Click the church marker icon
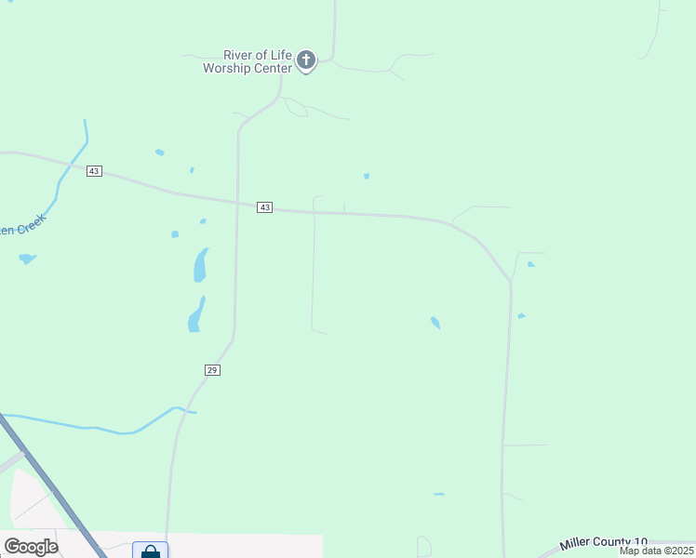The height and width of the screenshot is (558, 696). click(306, 61)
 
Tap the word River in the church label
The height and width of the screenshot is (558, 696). click(239, 56)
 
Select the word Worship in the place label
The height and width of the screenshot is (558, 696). click(229, 69)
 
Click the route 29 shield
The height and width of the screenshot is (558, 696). click(212, 370)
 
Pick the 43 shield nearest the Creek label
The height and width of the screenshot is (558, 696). click(94, 171)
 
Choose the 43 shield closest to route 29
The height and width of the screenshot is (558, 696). click(265, 207)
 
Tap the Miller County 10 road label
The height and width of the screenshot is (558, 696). click(603, 542)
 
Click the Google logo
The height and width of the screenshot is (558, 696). click(31, 547)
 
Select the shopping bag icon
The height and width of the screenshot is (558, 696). click(150, 551)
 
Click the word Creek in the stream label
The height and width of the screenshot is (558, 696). click(26, 226)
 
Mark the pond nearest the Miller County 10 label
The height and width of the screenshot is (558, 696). click(438, 494)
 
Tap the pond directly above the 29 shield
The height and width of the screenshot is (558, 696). click(194, 313)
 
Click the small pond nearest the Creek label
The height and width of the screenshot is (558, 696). click(27, 259)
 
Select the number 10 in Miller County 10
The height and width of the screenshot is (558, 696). click(641, 542)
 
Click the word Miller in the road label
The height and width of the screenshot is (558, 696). click(575, 543)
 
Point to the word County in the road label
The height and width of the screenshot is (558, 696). click(611, 542)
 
